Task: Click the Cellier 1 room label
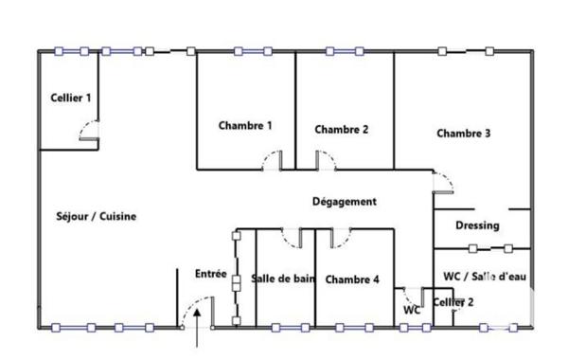tap(71, 98)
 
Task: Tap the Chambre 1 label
tap(245, 125)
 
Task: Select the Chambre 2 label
tap(341, 130)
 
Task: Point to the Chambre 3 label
tap(463, 134)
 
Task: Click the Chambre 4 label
tap(352, 279)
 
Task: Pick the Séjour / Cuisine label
tap(97, 216)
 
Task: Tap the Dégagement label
tap(345, 202)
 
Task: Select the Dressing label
tap(477, 225)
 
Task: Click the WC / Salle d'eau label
tap(485, 276)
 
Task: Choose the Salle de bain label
tap(283, 279)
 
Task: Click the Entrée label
tap(210, 274)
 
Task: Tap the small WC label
tap(411, 310)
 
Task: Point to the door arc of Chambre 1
tap(272, 159)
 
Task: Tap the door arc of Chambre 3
tap(441, 182)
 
